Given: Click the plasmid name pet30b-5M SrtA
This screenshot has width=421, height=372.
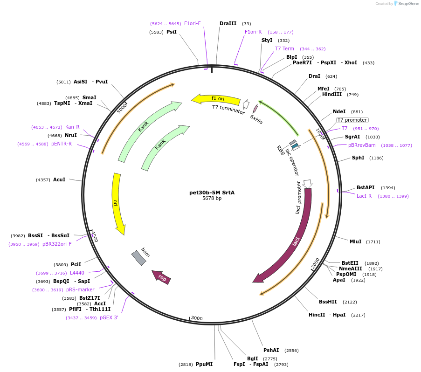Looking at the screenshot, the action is pyautogui.click(x=212, y=192).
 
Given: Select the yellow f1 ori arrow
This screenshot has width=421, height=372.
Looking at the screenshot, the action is pyautogui.click(x=215, y=99).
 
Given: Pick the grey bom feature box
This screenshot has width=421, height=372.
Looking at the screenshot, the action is pyautogui.click(x=139, y=258).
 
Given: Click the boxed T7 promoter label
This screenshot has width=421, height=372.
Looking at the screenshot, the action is pyautogui.click(x=352, y=120).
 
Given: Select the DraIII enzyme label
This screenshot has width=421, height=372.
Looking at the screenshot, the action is pyautogui.click(x=228, y=23).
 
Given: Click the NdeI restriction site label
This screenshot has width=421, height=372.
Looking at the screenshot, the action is pyautogui.click(x=339, y=111).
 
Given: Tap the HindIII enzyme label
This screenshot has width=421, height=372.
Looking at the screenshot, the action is pyautogui.click(x=331, y=95).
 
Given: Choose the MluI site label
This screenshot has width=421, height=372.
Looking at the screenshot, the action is pyautogui.click(x=355, y=241).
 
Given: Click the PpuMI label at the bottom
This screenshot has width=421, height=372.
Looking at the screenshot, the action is pyautogui.click(x=204, y=364).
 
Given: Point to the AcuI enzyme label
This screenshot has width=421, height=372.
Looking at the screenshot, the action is pyautogui.click(x=59, y=179).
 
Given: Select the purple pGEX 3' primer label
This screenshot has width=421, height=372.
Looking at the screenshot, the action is pyautogui.click(x=109, y=318).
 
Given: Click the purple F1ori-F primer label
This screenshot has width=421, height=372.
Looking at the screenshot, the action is pyautogui.click(x=192, y=23).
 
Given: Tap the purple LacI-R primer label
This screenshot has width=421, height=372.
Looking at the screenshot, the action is pyautogui.click(x=364, y=196).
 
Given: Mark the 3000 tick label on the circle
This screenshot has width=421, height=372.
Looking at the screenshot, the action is pyautogui.click(x=197, y=318).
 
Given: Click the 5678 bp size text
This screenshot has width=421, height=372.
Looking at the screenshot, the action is pyautogui.click(x=212, y=198).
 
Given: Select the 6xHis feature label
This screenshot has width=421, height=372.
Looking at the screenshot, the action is pyautogui.click(x=256, y=119).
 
